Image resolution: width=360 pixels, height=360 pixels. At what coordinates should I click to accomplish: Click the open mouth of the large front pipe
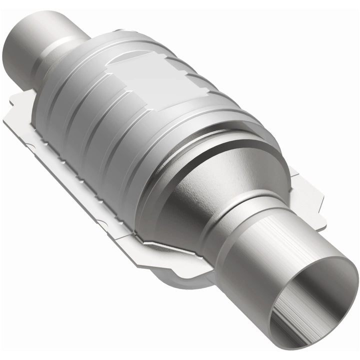point(312,305)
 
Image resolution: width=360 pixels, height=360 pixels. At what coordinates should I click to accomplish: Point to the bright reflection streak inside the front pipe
point(300,320)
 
